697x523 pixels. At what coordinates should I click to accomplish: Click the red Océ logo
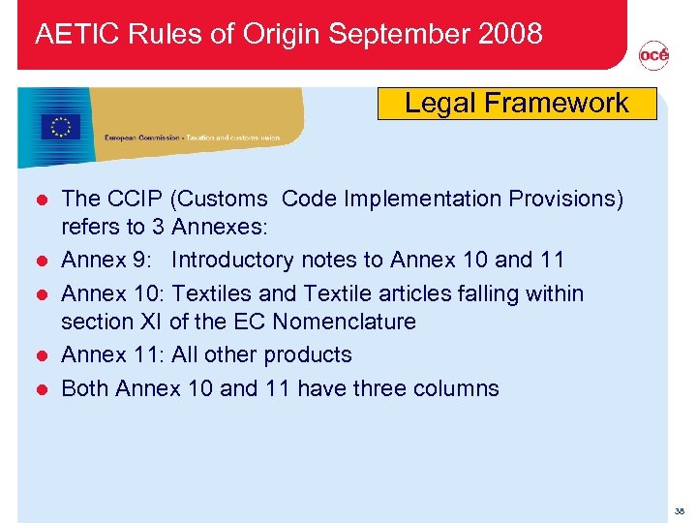653,56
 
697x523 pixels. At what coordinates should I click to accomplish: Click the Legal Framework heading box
516,104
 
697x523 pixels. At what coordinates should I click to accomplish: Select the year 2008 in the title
509,34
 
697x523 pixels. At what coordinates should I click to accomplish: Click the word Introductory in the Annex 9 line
232,260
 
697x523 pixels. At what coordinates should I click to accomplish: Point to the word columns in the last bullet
457,388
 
